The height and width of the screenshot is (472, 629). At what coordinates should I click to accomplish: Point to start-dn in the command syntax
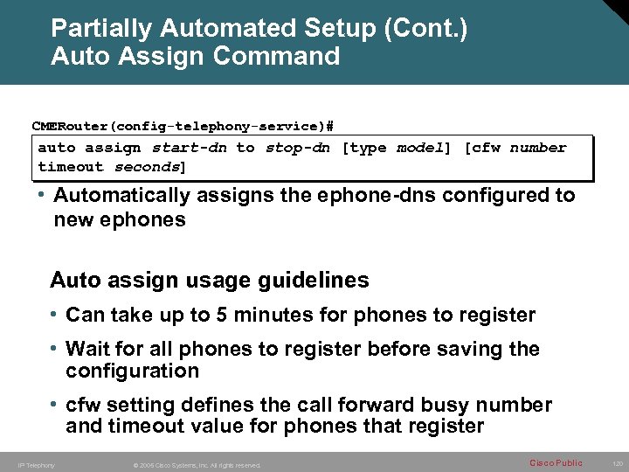pos(190,148)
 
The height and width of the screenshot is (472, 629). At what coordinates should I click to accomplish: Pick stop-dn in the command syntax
pos(297,148)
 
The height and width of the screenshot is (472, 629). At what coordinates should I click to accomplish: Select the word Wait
pos(88,350)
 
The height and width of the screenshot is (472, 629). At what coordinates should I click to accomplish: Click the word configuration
pos(133,371)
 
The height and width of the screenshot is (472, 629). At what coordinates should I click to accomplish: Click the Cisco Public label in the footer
pos(555,463)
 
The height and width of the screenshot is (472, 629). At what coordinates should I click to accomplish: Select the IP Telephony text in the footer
pos(37,465)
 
